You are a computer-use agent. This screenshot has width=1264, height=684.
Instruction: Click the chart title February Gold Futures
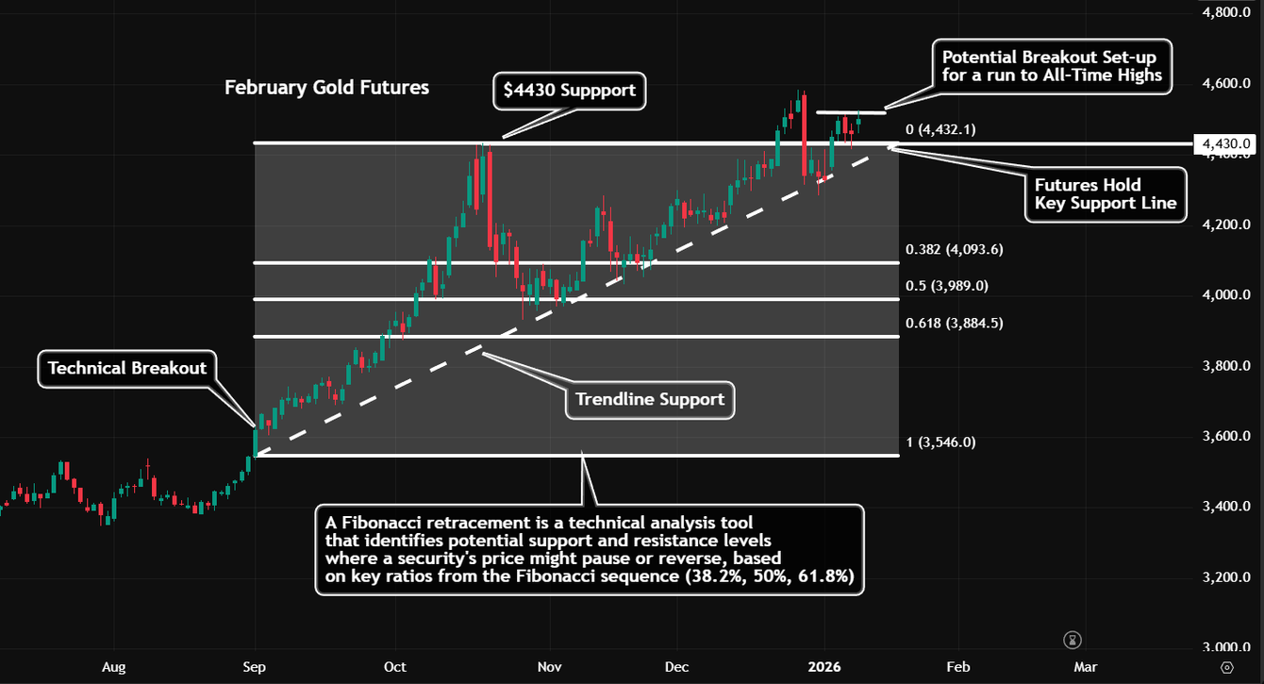[x=326, y=88]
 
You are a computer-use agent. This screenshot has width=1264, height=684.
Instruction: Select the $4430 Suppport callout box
[x=570, y=92]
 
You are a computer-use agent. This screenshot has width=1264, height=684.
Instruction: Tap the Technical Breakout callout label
[x=127, y=368]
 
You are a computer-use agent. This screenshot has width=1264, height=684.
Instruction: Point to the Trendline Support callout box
[x=650, y=399]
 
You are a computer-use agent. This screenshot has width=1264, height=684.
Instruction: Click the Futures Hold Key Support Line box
[x=1105, y=194]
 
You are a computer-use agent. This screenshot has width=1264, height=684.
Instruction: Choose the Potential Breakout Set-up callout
[x=1052, y=66]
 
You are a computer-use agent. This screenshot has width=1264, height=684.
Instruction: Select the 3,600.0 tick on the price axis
[x=1226, y=437]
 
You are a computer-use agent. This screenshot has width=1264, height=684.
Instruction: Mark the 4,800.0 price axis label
[x=1226, y=13]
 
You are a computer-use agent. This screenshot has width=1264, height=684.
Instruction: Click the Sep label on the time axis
[x=254, y=667]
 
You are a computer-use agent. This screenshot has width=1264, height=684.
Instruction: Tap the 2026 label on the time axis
[x=823, y=667]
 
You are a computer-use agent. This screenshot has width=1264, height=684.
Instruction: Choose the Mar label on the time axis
[x=1085, y=667]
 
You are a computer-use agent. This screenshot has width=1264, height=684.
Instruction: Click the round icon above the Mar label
[x=1073, y=640]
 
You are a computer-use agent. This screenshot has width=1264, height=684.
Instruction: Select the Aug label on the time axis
[x=113, y=667]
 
